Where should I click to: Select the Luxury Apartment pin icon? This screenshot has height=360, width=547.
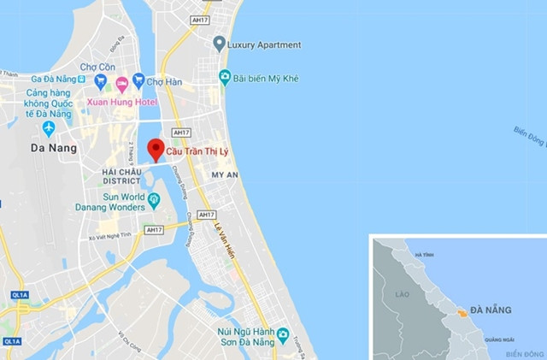click(220, 44)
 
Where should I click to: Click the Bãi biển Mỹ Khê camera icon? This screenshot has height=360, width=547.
click(225, 77)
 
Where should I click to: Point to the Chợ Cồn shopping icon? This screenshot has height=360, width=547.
click(100, 82)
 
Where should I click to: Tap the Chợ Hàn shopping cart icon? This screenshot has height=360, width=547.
click(138, 82)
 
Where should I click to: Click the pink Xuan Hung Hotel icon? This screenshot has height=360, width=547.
click(121, 83)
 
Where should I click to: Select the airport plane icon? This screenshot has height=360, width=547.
click(48, 128)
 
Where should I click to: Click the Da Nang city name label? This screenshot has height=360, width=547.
click(54, 147)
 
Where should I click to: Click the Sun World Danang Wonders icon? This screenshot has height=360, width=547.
click(154, 201)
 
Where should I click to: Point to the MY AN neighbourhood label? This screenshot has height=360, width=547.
click(224, 174)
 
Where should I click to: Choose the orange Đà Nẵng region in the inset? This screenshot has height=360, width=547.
click(462, 313)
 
